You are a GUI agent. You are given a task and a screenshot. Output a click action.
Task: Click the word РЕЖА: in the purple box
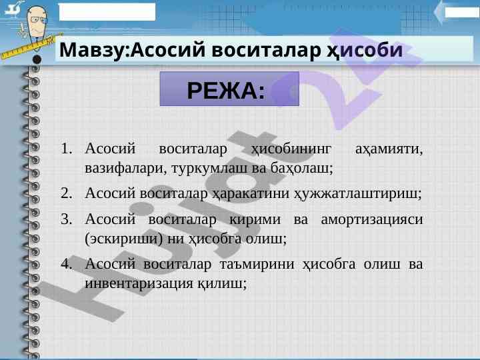click(x=226, y=91)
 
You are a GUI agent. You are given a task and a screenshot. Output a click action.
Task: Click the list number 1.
click(x=67, y=149)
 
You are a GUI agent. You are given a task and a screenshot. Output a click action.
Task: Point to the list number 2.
click(x=67, y=193)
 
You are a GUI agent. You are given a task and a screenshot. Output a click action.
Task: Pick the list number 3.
click(x=67, y=219)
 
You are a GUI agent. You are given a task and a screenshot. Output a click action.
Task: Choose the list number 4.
click(x=67, y=264)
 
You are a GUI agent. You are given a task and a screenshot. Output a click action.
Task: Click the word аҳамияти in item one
click(x=389, y=150)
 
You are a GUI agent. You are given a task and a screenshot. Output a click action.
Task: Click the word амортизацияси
click(x=372, y=220)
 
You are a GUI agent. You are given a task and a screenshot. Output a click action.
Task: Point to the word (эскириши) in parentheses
click(x=124, y=239)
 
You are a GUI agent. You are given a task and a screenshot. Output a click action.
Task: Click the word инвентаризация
click(x=139, y=284)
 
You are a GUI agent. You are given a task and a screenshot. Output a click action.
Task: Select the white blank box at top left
click(x=107, y=12)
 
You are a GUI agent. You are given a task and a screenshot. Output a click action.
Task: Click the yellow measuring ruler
click(x=30, y=47)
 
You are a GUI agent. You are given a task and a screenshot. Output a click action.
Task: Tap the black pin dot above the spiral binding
click(x=37, y=59)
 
